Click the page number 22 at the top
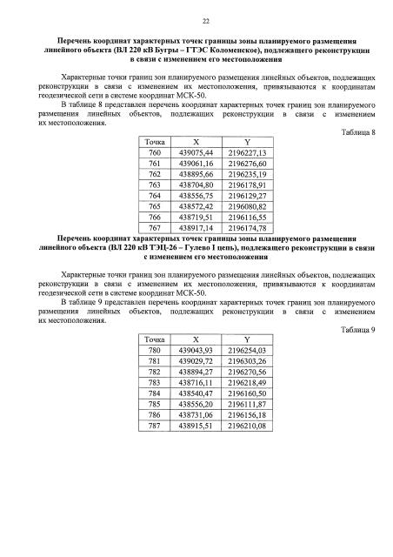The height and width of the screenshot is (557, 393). click(x=196, y=21)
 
